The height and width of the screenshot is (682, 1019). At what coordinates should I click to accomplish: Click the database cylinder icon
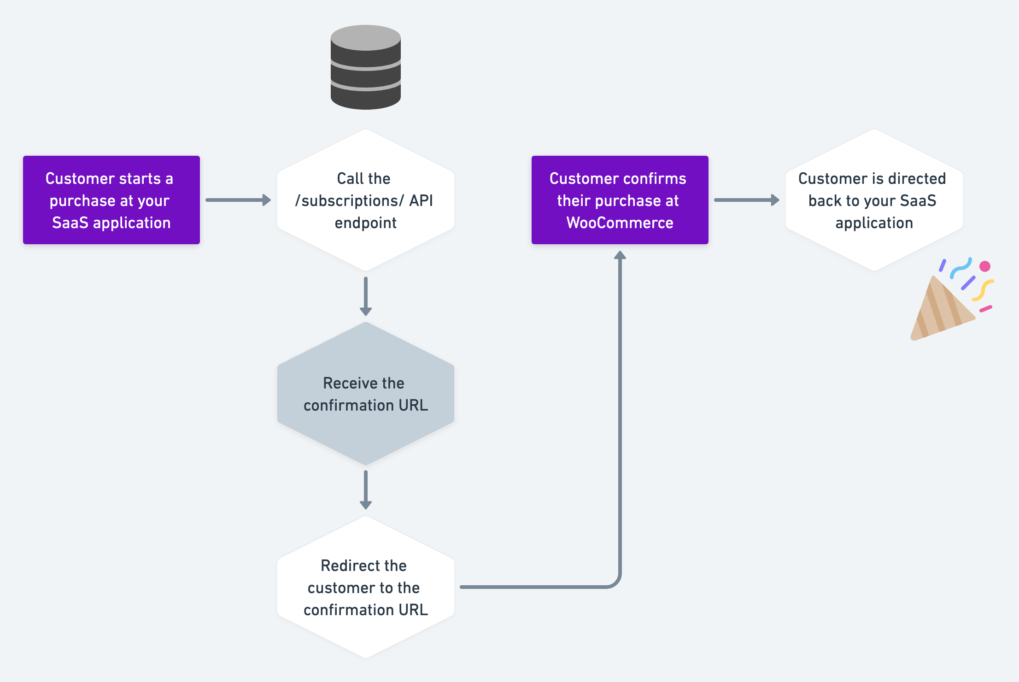coord(365,69)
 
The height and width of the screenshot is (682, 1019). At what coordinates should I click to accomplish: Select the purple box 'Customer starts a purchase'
coord(111,200)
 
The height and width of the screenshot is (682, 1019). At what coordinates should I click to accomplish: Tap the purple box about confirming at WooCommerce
coord(620,200)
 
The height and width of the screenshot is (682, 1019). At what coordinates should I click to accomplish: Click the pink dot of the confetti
coord(985,266)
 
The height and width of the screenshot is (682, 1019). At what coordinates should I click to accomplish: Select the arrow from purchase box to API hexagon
coord(238,200)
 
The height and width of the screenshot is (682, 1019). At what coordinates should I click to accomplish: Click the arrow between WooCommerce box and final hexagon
coord(746,200)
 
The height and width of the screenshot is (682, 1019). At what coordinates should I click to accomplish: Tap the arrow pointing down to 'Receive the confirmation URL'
coord(365,296)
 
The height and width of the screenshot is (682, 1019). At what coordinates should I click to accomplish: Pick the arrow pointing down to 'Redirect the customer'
coord(365,489)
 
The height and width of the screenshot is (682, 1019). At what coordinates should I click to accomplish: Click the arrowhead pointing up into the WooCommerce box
coord(620,255)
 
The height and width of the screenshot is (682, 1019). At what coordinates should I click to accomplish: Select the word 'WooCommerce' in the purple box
coord(620,223)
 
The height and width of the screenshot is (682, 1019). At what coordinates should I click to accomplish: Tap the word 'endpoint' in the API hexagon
coord(365,223)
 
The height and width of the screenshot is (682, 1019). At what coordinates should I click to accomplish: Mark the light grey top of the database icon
coord(365,37)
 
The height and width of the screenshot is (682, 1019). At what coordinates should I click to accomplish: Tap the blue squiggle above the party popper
coord(961,268)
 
